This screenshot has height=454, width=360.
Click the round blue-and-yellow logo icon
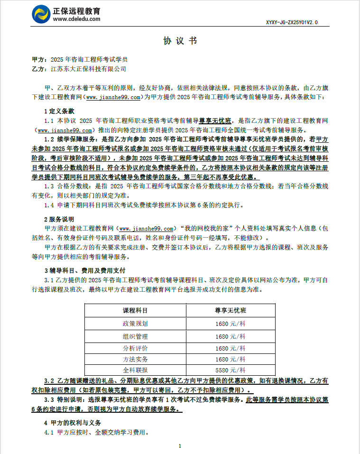(x=41, y=14)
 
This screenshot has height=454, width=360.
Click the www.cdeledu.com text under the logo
(x=76, y=19)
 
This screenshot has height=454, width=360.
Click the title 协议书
(x=180, y=41)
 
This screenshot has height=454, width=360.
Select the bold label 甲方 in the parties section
(x=38, y=60)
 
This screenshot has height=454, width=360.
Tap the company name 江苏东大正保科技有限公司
(x=88, y=69)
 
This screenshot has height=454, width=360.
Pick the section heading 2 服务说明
(x=59, y=219)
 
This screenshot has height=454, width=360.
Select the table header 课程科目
(x=135, y=311)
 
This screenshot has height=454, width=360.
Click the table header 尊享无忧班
(x=230, y=311)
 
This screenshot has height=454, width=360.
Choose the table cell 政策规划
(x=135, y=324)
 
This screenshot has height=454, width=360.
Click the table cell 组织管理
(x=135, y=336)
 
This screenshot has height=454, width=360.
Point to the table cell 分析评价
(x=135, y=348)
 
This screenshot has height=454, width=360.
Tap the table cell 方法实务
(x=135, y=359)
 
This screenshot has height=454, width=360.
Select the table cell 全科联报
(x=135, y=370)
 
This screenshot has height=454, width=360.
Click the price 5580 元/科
(x=230, y=370)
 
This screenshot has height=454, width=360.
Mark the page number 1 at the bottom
(x=180, y=446)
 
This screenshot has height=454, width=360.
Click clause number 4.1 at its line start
(x=49, y=432)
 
